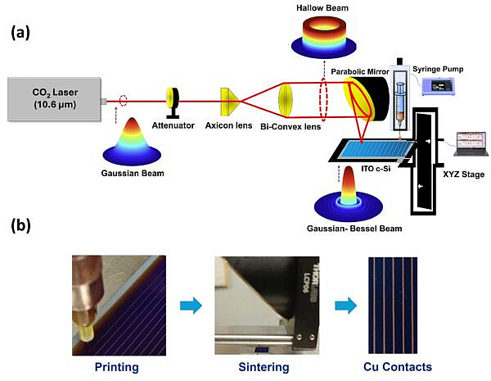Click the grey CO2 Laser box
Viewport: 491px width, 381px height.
tap(53, 102)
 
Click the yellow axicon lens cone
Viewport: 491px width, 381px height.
tap(228, 101)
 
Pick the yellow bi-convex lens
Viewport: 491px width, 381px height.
tap(286, 102)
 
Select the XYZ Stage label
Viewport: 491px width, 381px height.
tap(462, 175)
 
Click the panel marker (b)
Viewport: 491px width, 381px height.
tap(20, 225)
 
